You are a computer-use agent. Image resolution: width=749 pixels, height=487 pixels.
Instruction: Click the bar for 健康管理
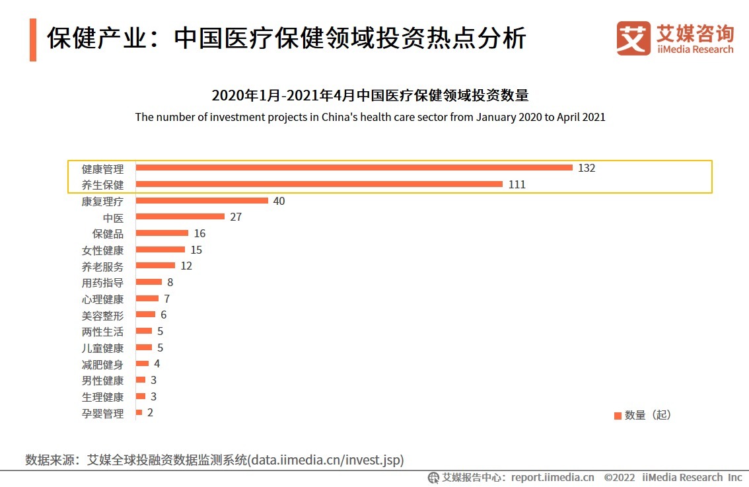(354, 168)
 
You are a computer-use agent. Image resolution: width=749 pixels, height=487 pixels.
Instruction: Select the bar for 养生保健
(319, 184)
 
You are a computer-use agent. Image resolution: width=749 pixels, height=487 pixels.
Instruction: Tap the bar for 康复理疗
(201, 201)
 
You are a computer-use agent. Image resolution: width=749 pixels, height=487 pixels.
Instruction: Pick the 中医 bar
(180, 217)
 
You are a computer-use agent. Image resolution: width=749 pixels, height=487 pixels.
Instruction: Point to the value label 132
(587, 169)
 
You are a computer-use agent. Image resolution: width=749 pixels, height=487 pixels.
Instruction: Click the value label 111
(517, 185)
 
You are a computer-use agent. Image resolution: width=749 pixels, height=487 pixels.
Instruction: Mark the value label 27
(236, 217)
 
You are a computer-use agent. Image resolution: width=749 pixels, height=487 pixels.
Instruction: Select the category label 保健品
(108, 234)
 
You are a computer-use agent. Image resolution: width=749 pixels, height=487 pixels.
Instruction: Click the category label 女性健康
(102, 250)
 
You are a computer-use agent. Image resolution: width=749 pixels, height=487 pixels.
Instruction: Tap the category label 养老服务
(102, 267)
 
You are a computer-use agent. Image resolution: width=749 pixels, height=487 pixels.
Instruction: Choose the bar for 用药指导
(149, 282)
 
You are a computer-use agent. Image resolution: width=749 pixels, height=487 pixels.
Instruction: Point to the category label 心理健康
(102, 299)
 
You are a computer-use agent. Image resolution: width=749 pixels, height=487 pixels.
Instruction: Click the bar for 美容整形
(145, 315)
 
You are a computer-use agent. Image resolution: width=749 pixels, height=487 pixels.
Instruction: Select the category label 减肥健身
(102, 365)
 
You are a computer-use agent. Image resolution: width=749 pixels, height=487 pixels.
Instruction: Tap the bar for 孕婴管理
(139, 413)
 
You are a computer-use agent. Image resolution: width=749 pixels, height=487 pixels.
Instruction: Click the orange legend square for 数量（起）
(618, 416)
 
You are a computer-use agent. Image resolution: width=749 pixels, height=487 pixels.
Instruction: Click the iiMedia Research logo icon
(633, 38)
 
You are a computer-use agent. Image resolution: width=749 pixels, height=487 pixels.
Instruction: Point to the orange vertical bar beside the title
(33, 40)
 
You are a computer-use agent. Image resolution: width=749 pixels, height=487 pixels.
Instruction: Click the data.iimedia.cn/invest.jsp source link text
(326, 459)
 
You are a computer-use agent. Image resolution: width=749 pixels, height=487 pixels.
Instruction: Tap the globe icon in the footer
(434, 478)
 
